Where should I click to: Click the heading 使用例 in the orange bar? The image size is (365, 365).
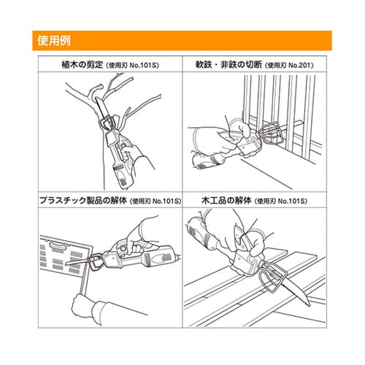(x=54, y=41)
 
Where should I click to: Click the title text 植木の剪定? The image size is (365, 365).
(x=82, y=65)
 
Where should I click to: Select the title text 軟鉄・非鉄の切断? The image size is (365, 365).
(x=228, y=65)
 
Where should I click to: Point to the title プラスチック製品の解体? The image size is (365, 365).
(x=83, y=201)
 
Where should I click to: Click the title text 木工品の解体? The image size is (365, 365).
(x=226, y=201)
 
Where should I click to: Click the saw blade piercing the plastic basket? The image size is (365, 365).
(x=79, y=261)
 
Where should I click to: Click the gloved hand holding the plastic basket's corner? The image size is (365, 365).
(x=84, y=305)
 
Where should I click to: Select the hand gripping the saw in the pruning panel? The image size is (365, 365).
(x=130, y=152)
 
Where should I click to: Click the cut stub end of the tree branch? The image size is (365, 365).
(x=100, y=87)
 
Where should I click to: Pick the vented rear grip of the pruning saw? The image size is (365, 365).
(x=123, y=177)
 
